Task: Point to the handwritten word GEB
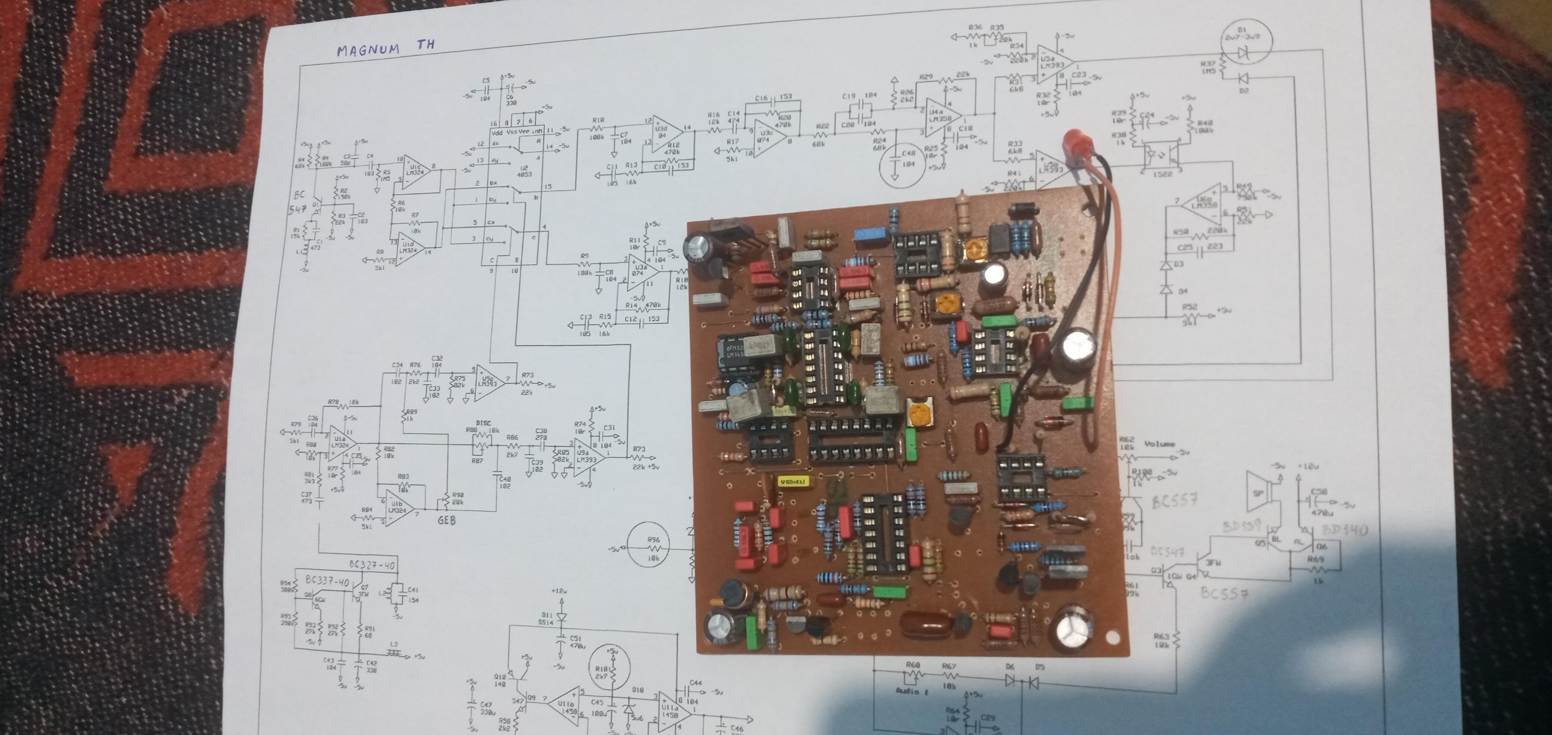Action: pyautogui.click(x=447, y=520)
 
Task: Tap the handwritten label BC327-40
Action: pyautogui.click(x=373, y=564)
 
